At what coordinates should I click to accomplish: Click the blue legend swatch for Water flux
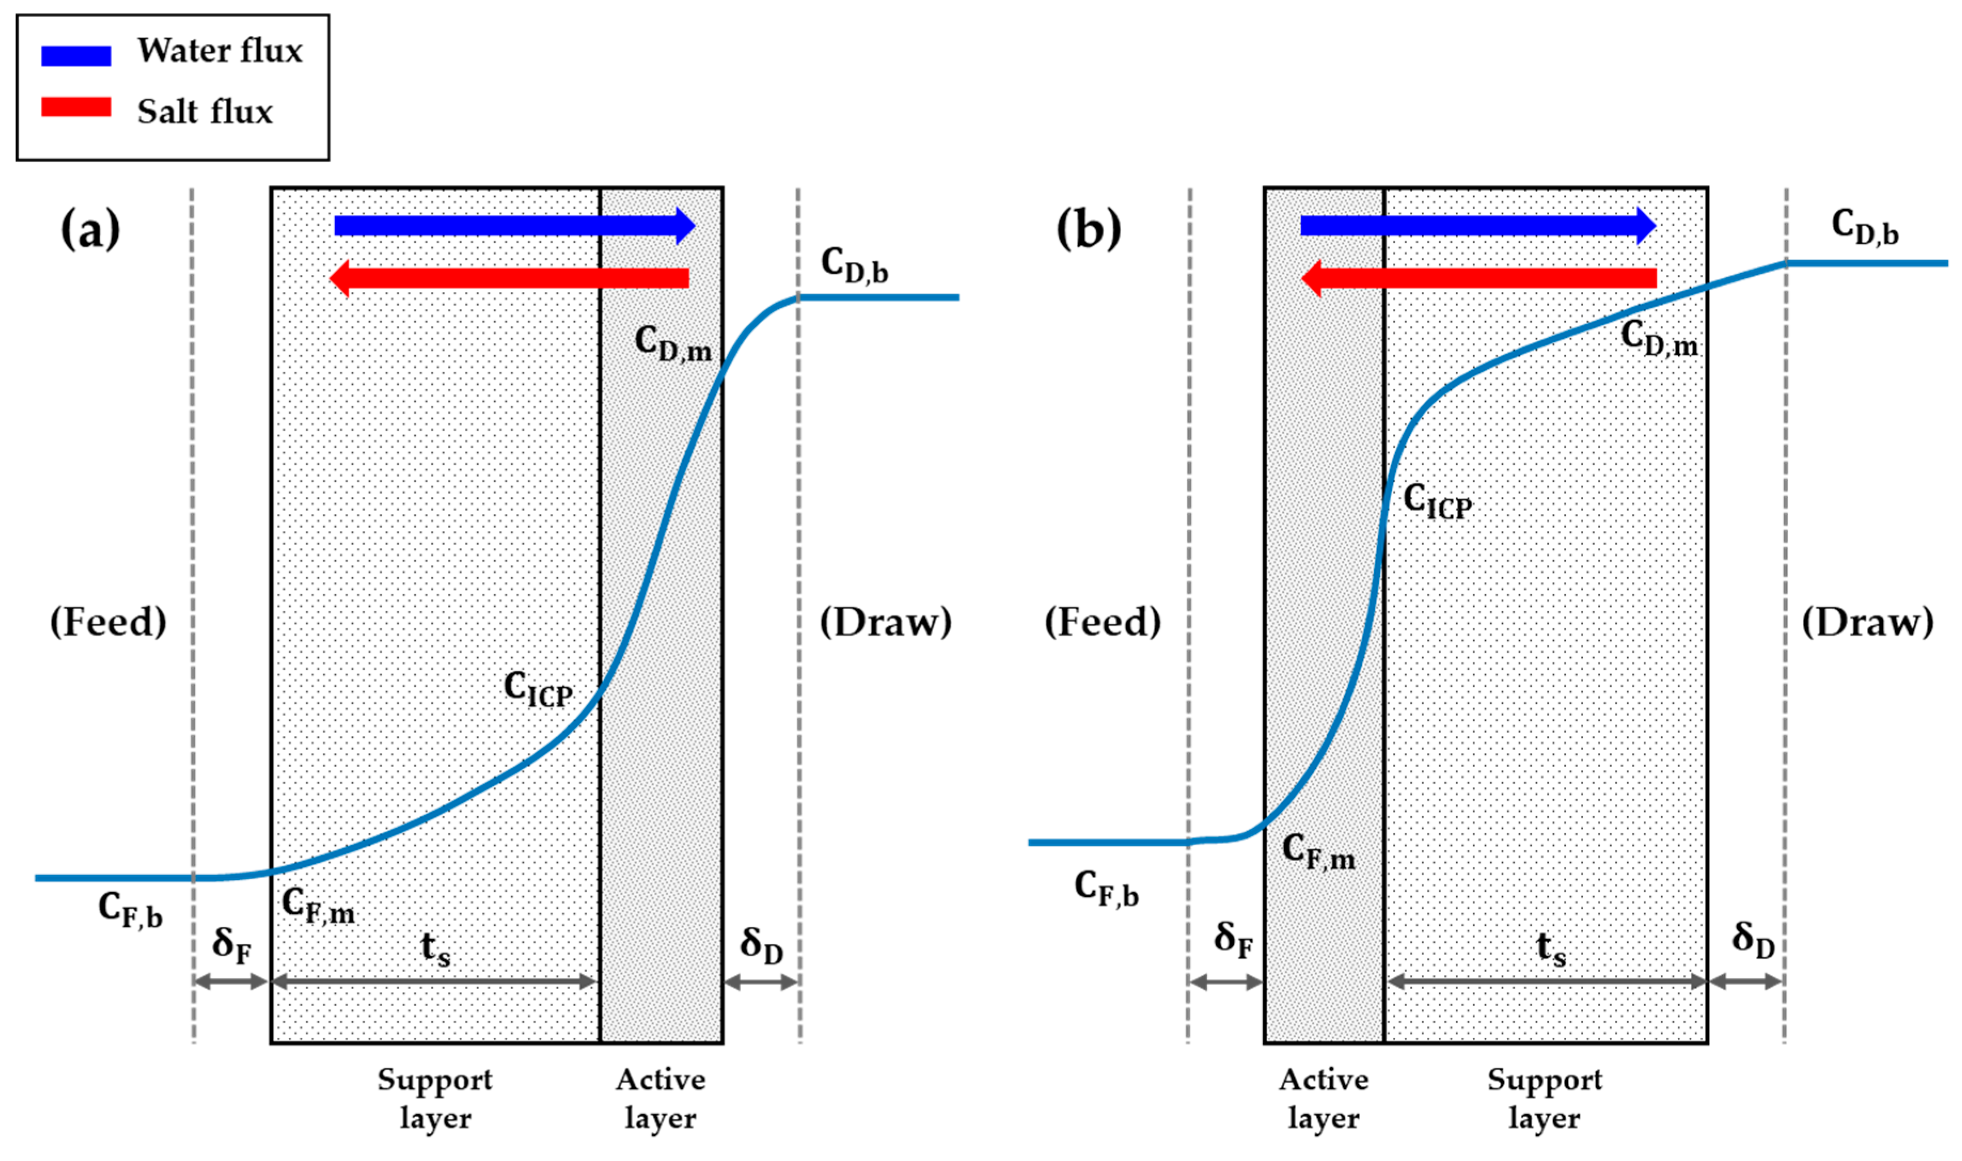pyautogui.click(x=76, y=55)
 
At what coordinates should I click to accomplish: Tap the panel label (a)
pyautogui.click(x=91, y=229)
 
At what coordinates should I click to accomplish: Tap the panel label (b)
pyautogui.click(x=1088, y=229)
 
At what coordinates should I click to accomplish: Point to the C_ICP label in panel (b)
pyautogui.click(x=1437, y=500)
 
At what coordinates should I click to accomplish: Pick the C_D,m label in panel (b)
pyautogui.click(x=1658, y=338)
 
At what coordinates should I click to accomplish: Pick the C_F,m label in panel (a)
pyautogui.click(x=318, y=905)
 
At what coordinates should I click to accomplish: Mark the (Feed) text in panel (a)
pyautogui.click(x=108, y=623)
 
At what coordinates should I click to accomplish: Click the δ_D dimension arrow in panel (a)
pyautogui.click(x=761, y=982)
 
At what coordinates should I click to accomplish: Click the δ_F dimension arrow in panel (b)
pyautogui.click(x=1225, y=982)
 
